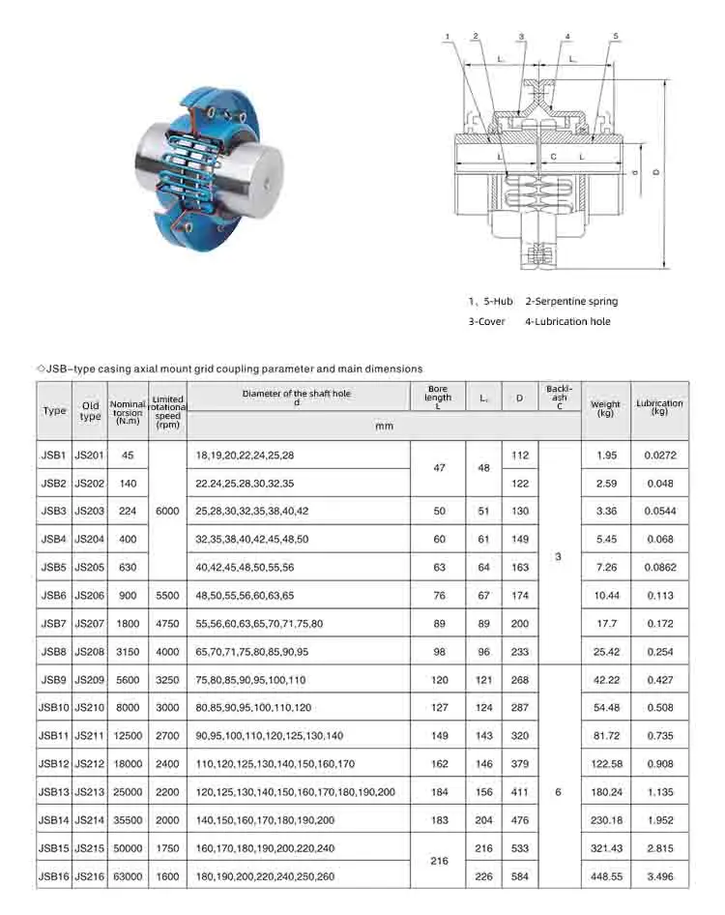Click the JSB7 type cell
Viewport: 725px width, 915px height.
click(53, 623)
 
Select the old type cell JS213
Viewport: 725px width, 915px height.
click(90, 791)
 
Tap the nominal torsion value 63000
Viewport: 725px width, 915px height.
click(128, 876)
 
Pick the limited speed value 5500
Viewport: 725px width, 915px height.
click(167, 595)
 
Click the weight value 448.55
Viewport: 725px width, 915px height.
click(606, 876)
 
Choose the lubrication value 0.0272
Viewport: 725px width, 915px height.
click(659, 455)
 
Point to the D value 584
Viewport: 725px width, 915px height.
click(520, 876)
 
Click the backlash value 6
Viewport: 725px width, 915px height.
click(559, 791)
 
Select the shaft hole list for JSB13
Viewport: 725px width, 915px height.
click(296, 791)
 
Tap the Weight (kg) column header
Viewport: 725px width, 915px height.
click(606, 409)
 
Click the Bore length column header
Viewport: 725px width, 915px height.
click(438, 398)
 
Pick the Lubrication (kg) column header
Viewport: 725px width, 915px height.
click(659, 408)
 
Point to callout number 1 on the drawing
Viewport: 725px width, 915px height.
click(447, 36)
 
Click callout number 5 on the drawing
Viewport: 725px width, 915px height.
click(615, 36)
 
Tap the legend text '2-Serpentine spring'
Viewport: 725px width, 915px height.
click(571, 302)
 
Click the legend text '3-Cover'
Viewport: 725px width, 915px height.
click(486, 321)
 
